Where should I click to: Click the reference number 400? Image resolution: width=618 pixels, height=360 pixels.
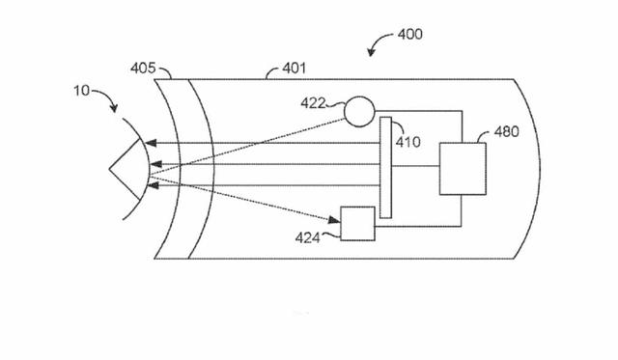click(409, 35)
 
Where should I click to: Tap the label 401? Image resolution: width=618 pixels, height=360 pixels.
click(294, 69)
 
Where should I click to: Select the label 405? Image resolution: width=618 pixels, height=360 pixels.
click(143, 69)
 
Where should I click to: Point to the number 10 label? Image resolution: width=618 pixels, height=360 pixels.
click(82, 91)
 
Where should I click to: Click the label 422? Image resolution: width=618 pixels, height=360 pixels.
click(313, 103)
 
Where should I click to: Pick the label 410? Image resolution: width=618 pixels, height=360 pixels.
click(407, 142)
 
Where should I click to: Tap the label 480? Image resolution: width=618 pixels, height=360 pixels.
click(506, 131)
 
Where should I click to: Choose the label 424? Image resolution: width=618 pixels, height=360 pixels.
click(308, 237)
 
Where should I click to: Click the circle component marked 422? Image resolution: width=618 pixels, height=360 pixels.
click(359, 111)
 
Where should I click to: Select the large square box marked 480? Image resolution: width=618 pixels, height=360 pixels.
click(463, 169)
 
